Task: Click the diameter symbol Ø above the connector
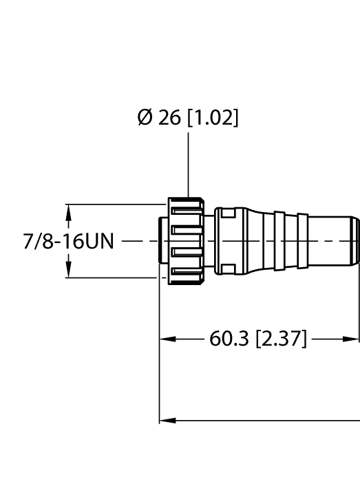coord(144,118)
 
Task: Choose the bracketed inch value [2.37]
coord(281,339)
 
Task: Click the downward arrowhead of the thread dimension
coord(68,272)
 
